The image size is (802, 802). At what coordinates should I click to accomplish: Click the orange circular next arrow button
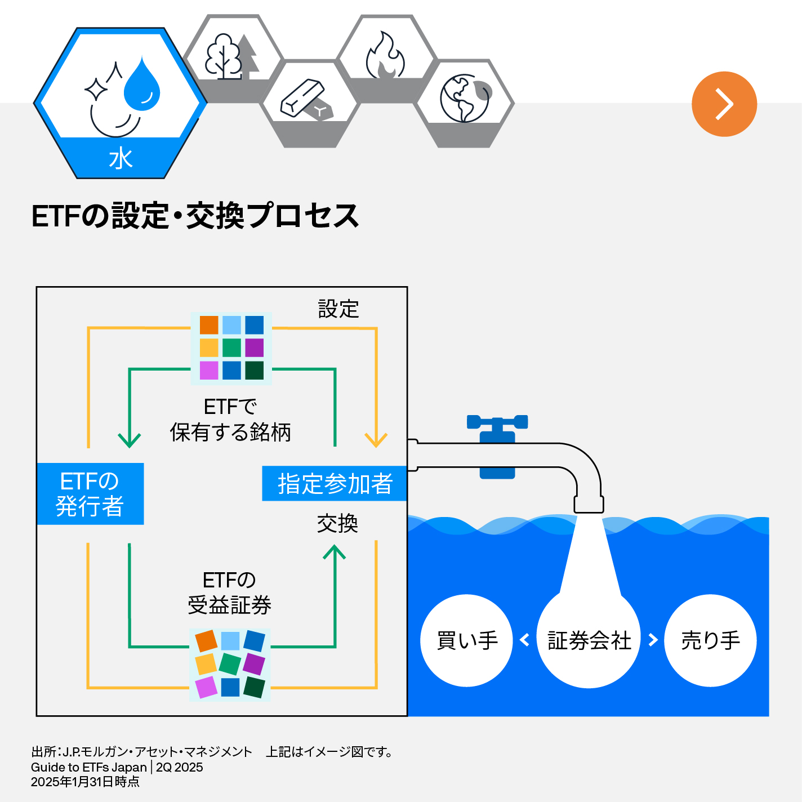point(724,104)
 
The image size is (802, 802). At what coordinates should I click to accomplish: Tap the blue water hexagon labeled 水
point(121,104)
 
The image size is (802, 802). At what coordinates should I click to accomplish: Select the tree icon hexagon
point(233,56)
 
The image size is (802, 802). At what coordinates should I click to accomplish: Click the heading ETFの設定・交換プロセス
point(195,216)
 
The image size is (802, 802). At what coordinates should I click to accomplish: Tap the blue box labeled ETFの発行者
point(90,494)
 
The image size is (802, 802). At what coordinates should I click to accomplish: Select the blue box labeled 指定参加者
point(335,484)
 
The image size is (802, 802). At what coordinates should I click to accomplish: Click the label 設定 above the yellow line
point(338,309)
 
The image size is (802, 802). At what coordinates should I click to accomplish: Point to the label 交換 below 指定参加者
point(337,524)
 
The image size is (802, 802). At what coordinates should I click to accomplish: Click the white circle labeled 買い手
point(466,640)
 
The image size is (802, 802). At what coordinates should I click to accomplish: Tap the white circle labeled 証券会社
point(589,640)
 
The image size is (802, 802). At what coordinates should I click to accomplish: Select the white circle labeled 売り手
point(710,640)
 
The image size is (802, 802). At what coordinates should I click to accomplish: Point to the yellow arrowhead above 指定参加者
point(376,440)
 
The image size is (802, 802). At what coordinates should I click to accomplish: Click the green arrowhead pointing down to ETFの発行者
point(130,440)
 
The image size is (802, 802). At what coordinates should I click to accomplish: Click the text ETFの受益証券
point(229,592)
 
